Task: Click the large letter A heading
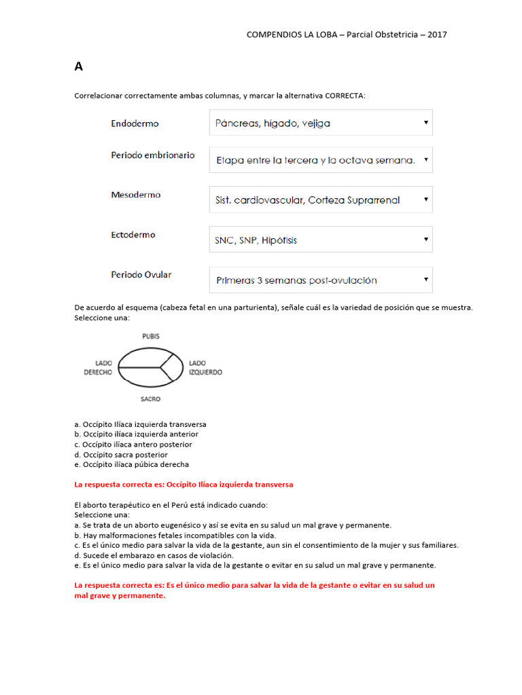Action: tap(79, 67)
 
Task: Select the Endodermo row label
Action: tap(135, 124)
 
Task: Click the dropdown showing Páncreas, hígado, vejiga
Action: tap(321, 123)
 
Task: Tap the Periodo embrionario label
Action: tap(153, 155)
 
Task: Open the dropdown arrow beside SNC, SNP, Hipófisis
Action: tap(425, 239)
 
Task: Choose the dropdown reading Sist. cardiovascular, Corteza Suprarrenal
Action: tap(321, 200)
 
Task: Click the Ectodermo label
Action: tap(133, 235)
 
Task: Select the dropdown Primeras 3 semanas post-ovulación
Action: tap(321, 280)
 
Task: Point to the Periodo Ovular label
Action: tap(141, 275)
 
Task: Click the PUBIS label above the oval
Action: tap(151, 336)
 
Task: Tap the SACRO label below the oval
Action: tap(151, 399)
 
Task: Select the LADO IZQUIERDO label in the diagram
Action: tap(205, 367)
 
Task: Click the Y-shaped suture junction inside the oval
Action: tap(161, 367)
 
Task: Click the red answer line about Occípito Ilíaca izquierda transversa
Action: tap(184, 485)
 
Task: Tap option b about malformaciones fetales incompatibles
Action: tap(175, 535)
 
